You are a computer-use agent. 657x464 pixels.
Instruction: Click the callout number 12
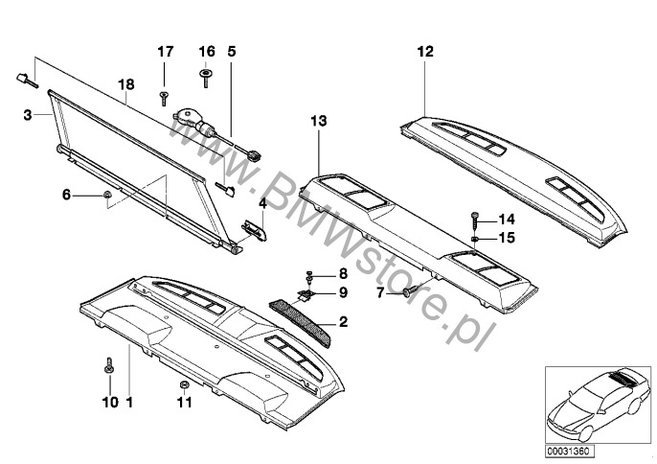[425, 52]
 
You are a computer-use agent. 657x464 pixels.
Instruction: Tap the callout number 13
[318, 121]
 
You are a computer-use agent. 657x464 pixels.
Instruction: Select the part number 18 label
[126, 84]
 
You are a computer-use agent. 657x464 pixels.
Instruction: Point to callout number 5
[232, 52]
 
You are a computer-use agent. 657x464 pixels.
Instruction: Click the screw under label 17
[164, 99]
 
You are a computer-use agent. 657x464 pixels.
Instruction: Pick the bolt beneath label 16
[205, 79]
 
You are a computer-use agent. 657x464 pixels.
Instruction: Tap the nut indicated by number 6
[107, 195]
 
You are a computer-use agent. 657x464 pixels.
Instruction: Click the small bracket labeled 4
[255, 232]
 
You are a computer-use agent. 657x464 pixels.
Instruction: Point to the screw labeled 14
[474, 220]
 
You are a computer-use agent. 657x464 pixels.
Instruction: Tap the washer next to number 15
[475, 239]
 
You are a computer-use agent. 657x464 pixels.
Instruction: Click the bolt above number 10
[108, 366]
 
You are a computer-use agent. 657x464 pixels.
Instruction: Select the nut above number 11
[183, 384]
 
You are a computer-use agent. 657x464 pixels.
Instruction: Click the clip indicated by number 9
[306, 294]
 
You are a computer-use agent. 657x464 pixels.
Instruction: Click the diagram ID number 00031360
[570, 451]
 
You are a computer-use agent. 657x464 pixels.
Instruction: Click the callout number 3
[28, 114]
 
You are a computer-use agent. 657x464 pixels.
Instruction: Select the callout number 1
[129, 403]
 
